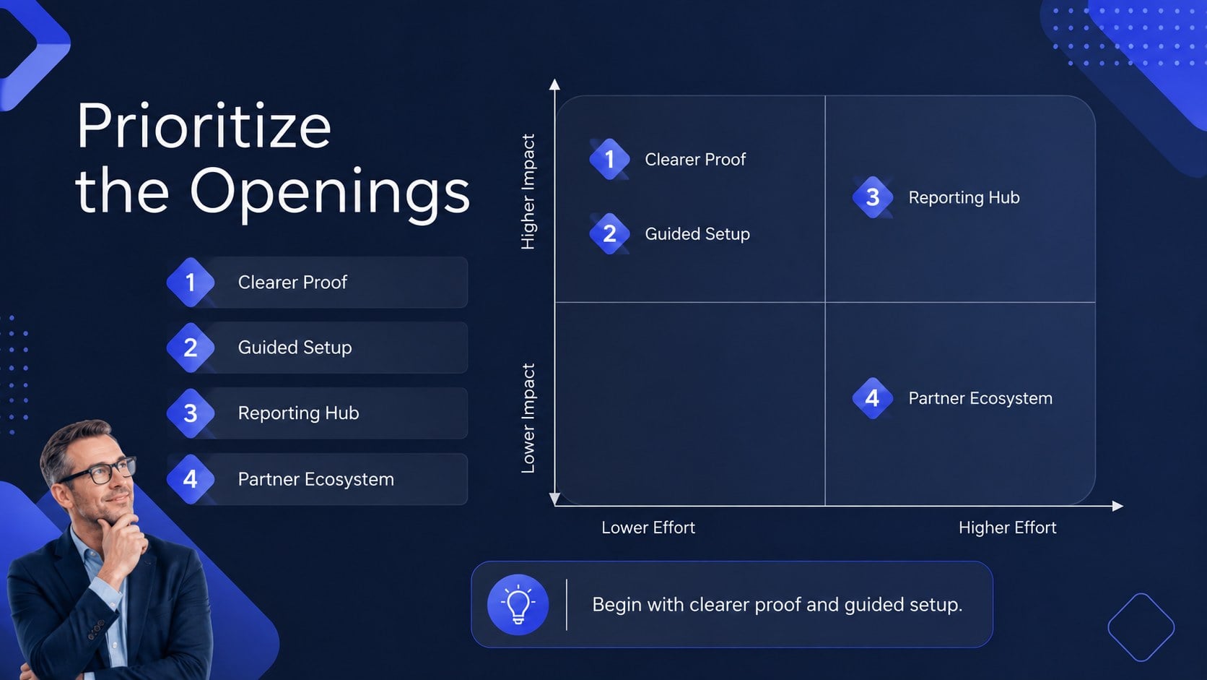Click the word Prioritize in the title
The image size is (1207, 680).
[204, 126]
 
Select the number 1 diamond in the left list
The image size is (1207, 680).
[190, 282]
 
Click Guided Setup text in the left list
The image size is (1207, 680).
[295, 348]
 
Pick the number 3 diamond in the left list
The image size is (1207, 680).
[190, 413]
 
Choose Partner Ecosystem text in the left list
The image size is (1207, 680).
[315, 479]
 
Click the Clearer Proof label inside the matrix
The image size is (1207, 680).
[695, 159]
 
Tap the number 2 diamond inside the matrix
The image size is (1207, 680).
[609, 233]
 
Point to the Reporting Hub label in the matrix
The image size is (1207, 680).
[964, 197]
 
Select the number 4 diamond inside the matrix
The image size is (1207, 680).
[872, 398]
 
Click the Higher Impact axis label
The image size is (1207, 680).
[528, 191]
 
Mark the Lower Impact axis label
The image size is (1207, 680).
[528, 418]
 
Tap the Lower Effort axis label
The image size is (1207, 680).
[648, 528]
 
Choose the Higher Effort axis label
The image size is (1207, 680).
[1007, 528]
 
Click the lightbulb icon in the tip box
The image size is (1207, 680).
[518, 605]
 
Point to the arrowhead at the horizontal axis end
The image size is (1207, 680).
[1118, 506]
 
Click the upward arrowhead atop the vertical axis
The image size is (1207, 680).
[554, 84]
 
